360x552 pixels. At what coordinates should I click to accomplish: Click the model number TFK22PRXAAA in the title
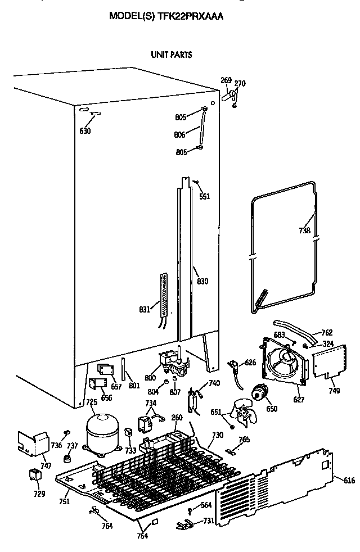click(x=192, y=17)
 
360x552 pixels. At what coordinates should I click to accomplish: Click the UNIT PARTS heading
click(x=170, y=55)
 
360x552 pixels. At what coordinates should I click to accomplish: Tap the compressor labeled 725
click(x=102, y=430)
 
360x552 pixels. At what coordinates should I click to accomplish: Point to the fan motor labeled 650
click(x=260, y=392)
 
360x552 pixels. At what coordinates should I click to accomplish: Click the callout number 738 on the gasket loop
click(x=304, y=230)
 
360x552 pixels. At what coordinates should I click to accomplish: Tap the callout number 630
click(x=85, y=131)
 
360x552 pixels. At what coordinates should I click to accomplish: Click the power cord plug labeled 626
click(x=233, y=366)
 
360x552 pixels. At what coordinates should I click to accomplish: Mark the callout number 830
click(x=202, y=280)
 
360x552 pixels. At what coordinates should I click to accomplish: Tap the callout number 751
click(x=65, y=501)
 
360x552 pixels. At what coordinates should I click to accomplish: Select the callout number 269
click(x=226, y=80)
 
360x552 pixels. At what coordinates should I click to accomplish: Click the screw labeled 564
click(x=191, y=510)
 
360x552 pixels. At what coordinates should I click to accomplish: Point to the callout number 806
click(x=180, y=135)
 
